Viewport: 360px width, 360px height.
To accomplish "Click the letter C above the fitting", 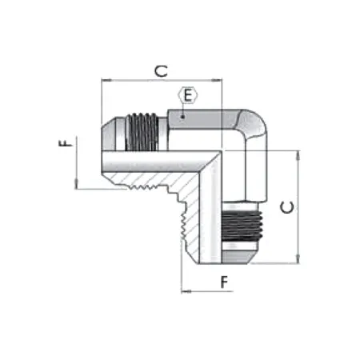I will [x=160, y=70].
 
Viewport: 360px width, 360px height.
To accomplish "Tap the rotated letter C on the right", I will [x=289, y=206].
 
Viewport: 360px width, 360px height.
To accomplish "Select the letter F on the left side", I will [x=66, y=144].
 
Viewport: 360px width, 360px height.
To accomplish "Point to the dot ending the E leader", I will [x=184, y=117].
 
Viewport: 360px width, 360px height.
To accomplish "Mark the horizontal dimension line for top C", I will [x=160, y=80].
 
